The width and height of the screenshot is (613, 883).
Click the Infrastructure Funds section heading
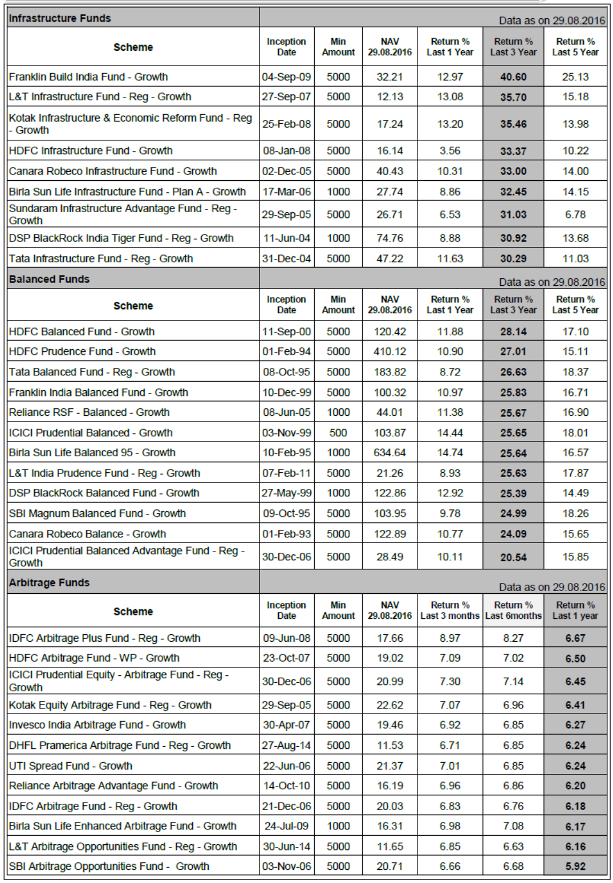click(60, 18)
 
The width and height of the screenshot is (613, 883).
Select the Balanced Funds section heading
click(50, 279)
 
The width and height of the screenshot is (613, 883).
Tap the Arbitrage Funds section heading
click(50, 582)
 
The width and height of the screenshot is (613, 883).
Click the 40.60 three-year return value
click(513, 77)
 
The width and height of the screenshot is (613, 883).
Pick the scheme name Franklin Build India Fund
click(88, 77)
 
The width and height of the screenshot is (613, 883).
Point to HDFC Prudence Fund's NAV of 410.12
click(390, 351)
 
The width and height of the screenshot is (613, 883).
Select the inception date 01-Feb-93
click(286, 534)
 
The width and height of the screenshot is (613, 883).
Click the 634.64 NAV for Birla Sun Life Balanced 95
click(390, 452)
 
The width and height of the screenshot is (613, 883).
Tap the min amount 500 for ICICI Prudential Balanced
click(338, 433)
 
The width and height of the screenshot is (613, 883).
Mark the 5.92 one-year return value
click(575, 866)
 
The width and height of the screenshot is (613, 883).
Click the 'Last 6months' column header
click(513, 610)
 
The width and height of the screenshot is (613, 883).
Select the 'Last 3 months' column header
click(450, 610)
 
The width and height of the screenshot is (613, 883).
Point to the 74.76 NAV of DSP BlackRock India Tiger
click(390, 238)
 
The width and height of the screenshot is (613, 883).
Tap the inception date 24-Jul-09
click(286, 826)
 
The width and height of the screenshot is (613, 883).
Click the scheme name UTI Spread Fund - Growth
click(71, 765)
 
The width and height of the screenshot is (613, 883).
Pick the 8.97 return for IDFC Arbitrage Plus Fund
click(450, 638)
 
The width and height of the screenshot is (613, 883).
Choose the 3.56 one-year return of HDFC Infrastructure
click(450, 151)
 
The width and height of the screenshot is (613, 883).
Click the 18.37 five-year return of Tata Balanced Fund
click(575, 372)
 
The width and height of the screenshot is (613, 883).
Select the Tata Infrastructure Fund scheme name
click(101, 258)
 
